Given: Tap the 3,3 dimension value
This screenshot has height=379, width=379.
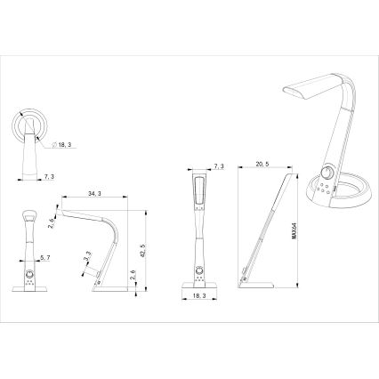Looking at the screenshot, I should click(x=85, y=259).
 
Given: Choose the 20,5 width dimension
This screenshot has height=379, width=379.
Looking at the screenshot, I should click(x=262, y=165).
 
